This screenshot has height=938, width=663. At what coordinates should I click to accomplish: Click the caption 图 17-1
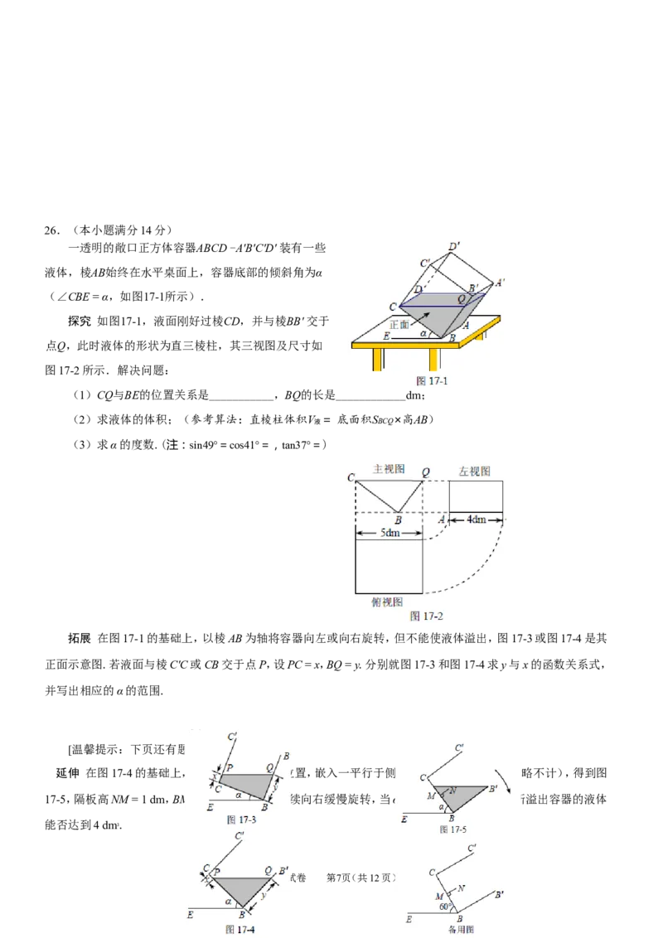(432, 382)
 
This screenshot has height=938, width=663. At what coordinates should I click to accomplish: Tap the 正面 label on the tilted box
(400, 324)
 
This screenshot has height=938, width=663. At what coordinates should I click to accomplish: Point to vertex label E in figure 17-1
(387, 336)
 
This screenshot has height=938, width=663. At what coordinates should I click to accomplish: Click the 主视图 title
(388, 469)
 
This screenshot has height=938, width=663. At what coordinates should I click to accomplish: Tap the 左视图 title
(475, 471)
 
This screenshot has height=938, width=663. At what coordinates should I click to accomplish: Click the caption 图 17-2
(427, 616)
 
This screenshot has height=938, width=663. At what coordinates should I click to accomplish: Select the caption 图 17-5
(455, 829)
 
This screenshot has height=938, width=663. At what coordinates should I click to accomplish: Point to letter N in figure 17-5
(453, 790)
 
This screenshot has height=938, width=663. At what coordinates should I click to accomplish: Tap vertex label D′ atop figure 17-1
(453, 246)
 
